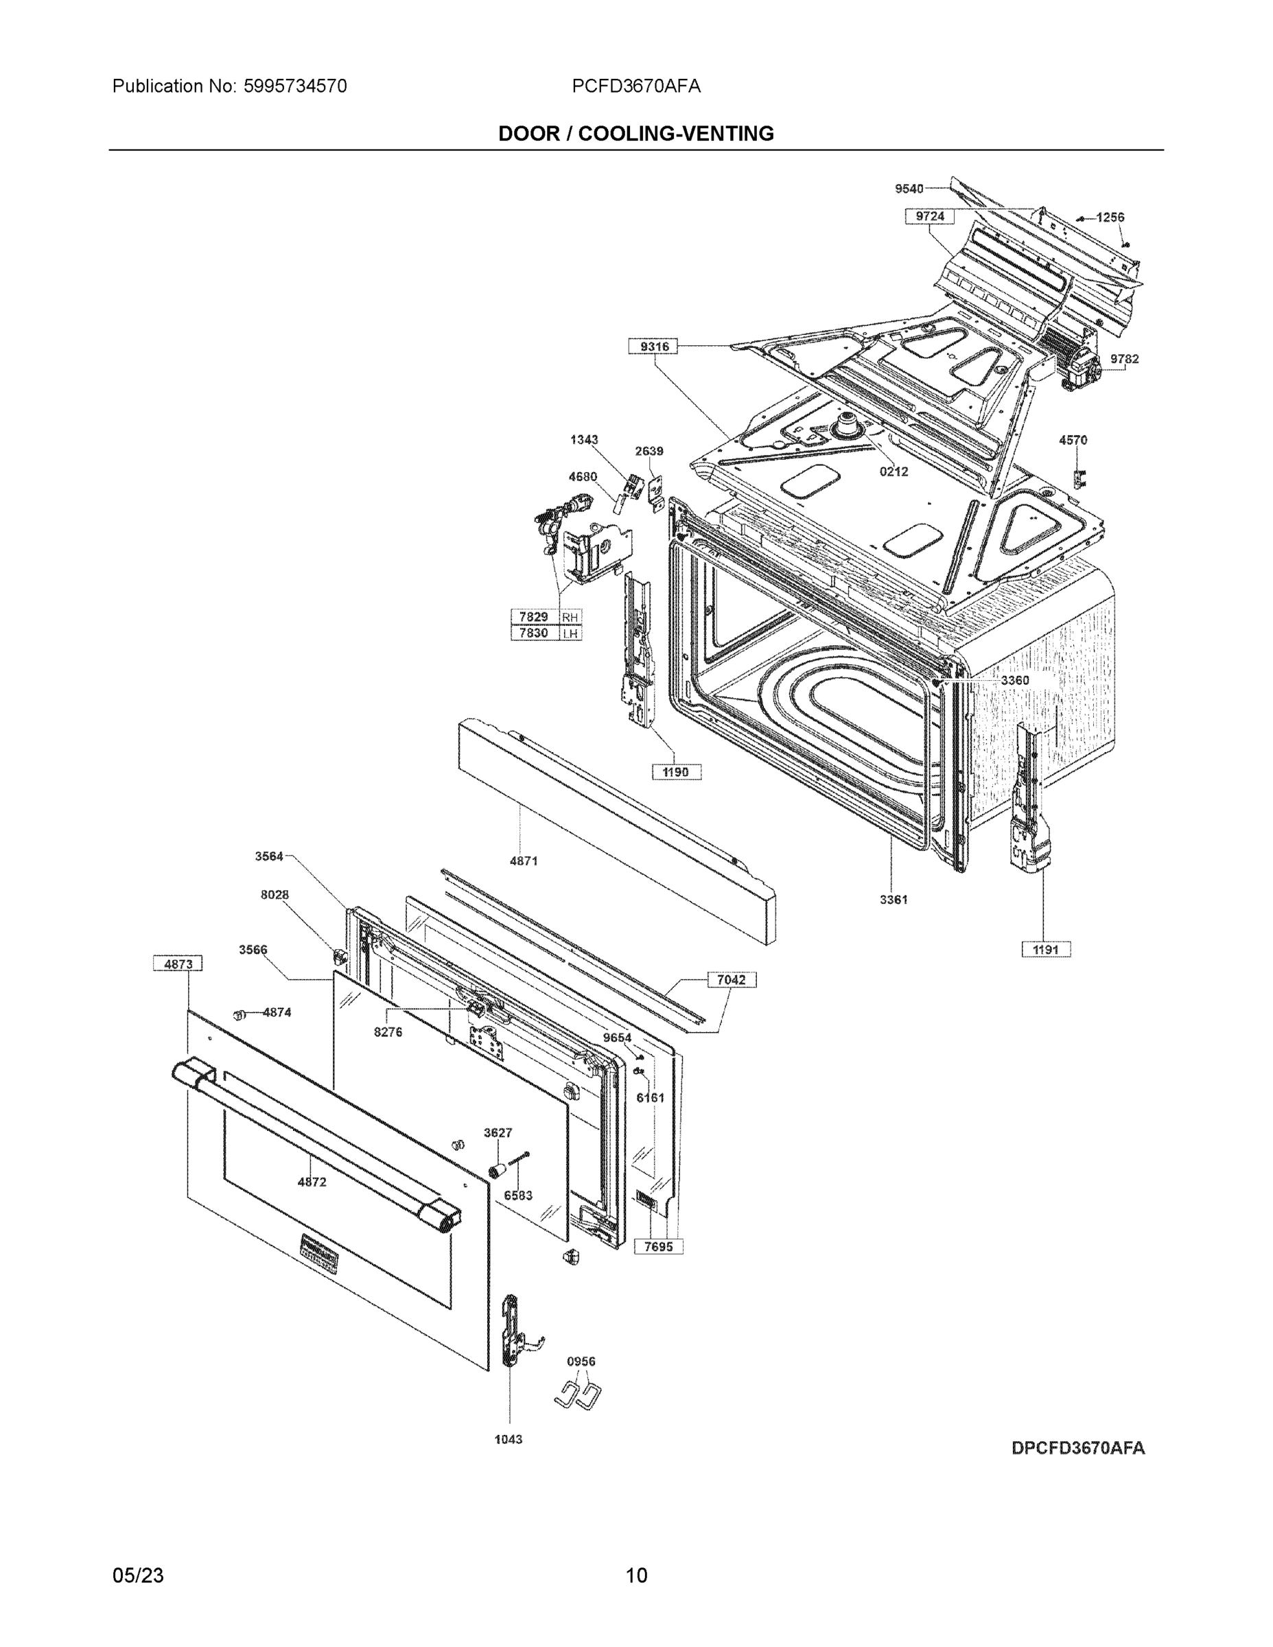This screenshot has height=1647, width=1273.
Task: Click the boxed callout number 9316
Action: pos(653,346)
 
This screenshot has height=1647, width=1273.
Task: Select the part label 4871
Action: pos(524,861)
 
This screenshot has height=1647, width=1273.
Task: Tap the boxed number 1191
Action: pos(1045,950)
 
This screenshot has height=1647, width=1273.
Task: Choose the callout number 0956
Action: pos(581,1362)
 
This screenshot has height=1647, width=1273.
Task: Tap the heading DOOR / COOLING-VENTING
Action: pos(635,134)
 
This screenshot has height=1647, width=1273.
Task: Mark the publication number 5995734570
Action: pos(295,86)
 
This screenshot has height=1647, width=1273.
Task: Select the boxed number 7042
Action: pos(731,979)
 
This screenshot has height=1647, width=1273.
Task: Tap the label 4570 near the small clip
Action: pos(1073,440)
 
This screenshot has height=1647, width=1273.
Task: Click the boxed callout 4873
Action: pos(178,963)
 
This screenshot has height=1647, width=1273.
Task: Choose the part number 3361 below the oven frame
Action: pos(893,900)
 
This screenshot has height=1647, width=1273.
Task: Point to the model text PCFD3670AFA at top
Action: pos(635,86)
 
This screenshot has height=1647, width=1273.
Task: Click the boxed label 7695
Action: pos(657,1246)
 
